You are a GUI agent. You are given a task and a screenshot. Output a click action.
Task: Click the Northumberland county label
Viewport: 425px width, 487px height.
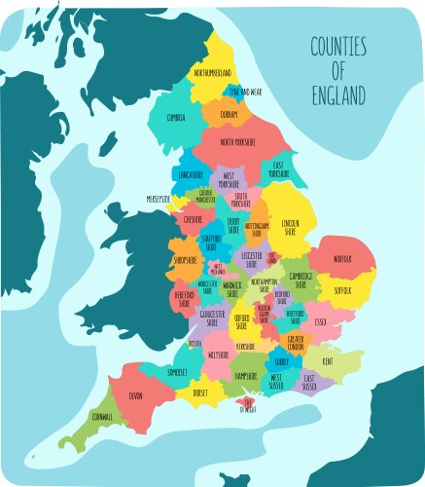[213, 73]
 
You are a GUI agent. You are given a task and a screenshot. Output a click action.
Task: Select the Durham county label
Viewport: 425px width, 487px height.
[229, 114]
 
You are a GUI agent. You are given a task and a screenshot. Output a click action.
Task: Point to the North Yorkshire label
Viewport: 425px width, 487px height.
[237, 142]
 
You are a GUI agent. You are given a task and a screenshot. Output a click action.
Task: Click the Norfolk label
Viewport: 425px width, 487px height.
[341, 259]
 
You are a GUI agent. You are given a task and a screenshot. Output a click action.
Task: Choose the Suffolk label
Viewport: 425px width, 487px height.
[343, 289]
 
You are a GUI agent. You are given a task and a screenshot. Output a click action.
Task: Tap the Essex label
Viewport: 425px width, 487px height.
[321, 320]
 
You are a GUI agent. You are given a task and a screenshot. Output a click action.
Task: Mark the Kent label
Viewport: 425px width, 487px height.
[327, 360]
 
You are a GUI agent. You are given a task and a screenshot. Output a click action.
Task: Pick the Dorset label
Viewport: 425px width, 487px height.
[200, 393]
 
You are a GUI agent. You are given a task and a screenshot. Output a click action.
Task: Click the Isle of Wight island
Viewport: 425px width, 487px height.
[248, 403]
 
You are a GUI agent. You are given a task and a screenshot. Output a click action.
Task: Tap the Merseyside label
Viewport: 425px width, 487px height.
[159, 199]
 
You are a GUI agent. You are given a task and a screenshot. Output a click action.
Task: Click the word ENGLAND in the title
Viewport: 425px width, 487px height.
[339, 96]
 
